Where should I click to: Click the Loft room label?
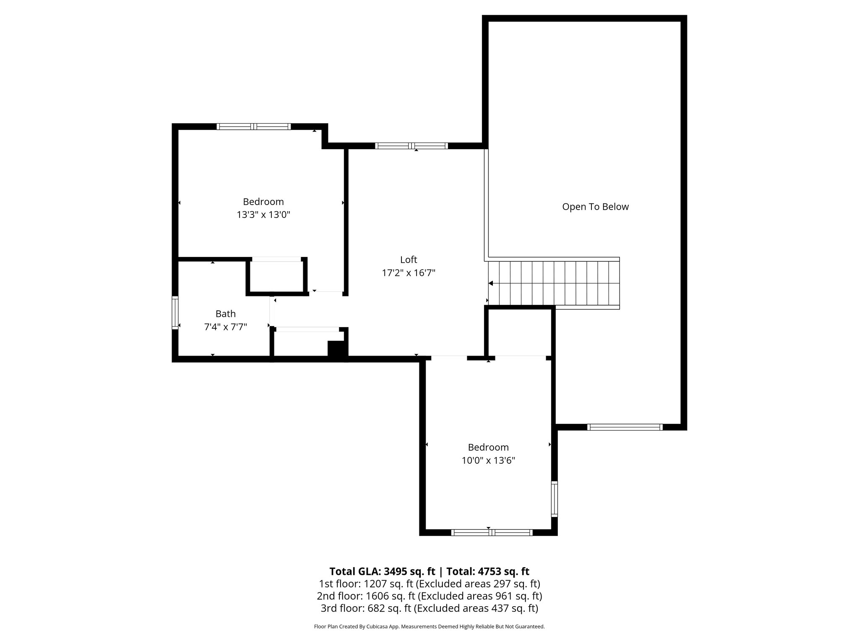point(408,260)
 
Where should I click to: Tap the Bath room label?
point(225,314)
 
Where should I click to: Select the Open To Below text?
point(595,207)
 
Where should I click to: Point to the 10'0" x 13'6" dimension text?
point(488,461)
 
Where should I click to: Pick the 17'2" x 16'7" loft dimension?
point(408,273)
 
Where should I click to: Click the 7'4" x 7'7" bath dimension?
point(225,327)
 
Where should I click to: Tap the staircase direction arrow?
point(491,283)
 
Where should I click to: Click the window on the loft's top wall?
point(411,146)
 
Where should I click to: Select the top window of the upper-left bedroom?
point(253,126)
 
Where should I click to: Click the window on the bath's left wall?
point(175,312)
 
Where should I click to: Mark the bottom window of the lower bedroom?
point(492,532)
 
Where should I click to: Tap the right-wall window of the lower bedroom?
point(554,499)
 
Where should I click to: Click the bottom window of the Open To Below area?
point(625,427)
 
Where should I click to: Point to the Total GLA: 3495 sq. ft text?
point(382,571)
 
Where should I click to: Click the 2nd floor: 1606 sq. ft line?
point(429,596)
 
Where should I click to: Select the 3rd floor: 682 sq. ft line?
point(429,608)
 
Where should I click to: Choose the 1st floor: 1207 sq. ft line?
point(429,584)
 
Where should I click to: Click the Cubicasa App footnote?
point(429,627)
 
